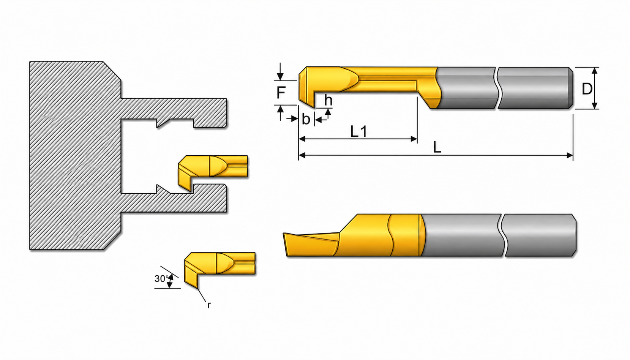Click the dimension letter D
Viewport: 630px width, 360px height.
[587, 88]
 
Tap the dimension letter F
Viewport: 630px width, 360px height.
[281, 93]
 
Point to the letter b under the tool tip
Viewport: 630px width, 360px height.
[306, 119]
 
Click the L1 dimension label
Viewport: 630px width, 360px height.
[359, 131]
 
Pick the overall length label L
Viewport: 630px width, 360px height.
[437, 147]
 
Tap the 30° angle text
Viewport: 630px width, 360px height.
[161, 279]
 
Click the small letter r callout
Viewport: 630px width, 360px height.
[209, 305]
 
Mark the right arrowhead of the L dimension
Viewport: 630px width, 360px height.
[570, 155]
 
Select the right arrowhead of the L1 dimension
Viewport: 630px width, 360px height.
[414, 139]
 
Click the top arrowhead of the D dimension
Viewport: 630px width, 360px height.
[595, 70]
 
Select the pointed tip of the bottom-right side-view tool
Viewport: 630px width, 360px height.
[284, 234]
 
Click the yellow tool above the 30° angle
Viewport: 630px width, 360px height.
[219, 267]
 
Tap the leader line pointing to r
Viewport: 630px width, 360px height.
[202, 295]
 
